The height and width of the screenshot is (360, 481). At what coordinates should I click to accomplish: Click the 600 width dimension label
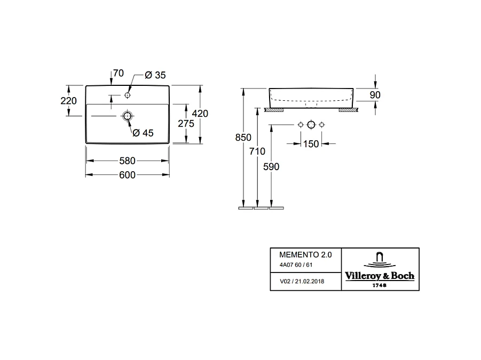pos(127,175)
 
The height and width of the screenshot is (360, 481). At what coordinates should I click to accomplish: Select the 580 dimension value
pos(127,161)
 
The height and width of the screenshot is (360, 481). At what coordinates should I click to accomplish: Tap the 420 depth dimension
pos(200,114)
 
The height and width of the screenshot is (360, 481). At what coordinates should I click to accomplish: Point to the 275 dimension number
pos(186,124)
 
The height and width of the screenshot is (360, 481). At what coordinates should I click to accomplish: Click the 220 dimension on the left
pos(68,101)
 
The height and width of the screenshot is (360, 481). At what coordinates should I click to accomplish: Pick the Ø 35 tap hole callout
pos(155,75)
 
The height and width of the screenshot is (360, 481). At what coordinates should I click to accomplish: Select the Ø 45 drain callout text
pos(143,133)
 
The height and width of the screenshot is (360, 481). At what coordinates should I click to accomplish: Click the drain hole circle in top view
pos(127,116)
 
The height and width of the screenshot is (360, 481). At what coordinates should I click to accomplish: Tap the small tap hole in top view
pos(127,95)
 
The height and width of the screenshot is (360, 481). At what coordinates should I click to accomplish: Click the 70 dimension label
pos(119,73)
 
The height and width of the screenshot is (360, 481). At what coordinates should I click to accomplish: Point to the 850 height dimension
pos(243,138)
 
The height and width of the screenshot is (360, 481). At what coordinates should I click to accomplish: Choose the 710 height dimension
pos(257,151)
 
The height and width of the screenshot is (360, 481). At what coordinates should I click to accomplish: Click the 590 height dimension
pos(271,167)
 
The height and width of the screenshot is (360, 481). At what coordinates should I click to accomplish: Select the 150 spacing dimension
pos(311,144)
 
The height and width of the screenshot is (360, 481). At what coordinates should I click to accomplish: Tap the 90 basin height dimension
pos(375,95)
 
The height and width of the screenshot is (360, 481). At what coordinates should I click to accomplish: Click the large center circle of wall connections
pos(311,125)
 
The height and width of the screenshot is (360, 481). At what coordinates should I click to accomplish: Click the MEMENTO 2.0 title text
pos(305,254)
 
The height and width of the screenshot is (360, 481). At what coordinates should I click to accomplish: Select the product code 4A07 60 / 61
pos(296,265)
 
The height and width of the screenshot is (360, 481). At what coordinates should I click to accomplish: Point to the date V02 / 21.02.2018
pos(302,281)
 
